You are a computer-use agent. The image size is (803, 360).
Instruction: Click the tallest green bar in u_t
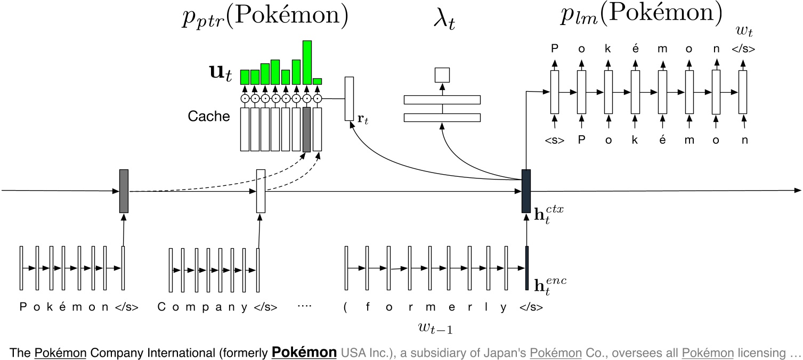(x=307, y=62)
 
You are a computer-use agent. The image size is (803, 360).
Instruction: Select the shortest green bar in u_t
(x=317, y=81)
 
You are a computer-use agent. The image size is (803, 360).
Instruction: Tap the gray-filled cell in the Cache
(x=306, y=129)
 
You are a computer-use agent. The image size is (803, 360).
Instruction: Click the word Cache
(x=209, y=117)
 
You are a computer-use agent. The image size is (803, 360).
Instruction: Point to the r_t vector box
(x=349, y=99)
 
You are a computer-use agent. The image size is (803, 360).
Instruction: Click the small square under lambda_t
(x=442, y=75)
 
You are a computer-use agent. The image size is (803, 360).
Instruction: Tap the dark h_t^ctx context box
(x=526, y=191)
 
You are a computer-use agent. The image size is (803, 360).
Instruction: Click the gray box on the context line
(x=124, y=191)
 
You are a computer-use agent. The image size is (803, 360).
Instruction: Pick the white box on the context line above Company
(x=261, y=191)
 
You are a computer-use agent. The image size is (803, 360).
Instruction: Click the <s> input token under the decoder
(x=554, y=141)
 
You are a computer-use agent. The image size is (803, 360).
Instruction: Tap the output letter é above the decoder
(x=635, y=49)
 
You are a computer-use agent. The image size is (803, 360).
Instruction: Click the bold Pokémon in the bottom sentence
(x=304, y=352)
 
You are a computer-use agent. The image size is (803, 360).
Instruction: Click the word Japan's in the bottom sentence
(x=509, y=353)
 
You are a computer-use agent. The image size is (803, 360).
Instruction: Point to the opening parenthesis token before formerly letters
(x=346, y=308)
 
